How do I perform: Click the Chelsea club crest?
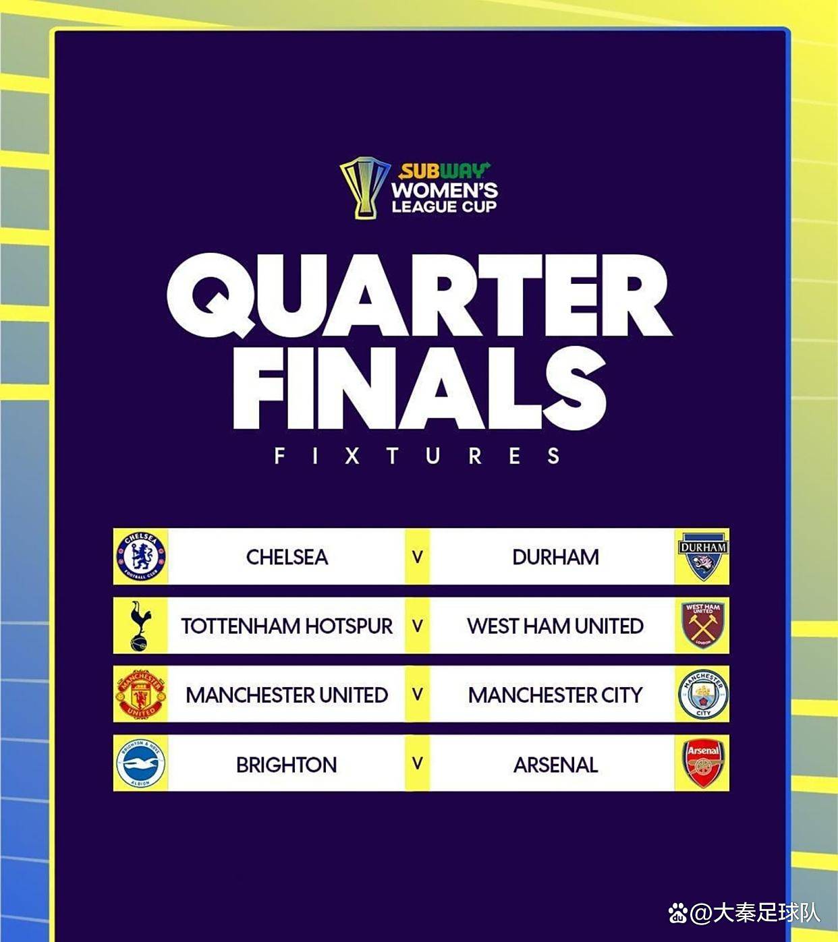[141, 556]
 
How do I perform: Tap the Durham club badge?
[703, 556]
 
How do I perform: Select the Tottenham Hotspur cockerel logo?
[140, 626]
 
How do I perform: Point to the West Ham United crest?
[703, 625]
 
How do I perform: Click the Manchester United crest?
[141, 695]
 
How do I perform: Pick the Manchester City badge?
[703, 695]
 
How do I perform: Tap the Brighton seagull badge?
[141, 764]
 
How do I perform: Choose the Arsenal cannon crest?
[703, 763]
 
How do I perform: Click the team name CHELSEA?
[287, 557]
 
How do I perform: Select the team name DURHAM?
[555, 557]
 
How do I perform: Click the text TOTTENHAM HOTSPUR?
[287, 626]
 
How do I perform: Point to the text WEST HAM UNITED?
[555, 626]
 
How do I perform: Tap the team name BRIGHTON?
[287, 765]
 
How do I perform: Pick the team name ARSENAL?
[555, 765]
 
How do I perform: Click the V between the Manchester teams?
[418, 695]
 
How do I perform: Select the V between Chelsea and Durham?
[418, 557]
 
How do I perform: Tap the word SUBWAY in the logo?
[443, 171]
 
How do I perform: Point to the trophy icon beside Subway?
[365, 188]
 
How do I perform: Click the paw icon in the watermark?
[678, 913]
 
